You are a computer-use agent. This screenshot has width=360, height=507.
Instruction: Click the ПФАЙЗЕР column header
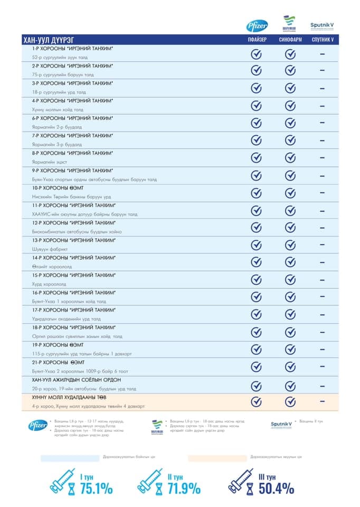tap(257, 40)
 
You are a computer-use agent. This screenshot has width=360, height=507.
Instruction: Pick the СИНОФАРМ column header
tap(290, 40)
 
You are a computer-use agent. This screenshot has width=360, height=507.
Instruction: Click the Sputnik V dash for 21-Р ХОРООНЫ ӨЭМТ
tap(321, 366)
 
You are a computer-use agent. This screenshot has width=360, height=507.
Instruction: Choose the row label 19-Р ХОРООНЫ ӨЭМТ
tap(58, 345)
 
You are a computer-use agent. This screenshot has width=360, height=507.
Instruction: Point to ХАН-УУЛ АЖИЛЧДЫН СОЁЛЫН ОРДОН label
tap(76, 380)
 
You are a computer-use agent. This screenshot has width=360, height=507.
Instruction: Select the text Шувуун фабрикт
tap(49, 249)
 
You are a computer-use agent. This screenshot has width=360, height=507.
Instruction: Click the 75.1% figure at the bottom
tap(96, 489)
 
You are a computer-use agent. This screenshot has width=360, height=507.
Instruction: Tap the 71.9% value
tap(184, 489)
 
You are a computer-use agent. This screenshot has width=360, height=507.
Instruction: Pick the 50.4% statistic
tap(276, 489)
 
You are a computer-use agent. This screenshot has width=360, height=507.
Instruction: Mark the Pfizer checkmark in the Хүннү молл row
tap(257, 402)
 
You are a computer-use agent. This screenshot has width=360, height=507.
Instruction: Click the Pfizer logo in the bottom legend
tap(38, 425)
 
